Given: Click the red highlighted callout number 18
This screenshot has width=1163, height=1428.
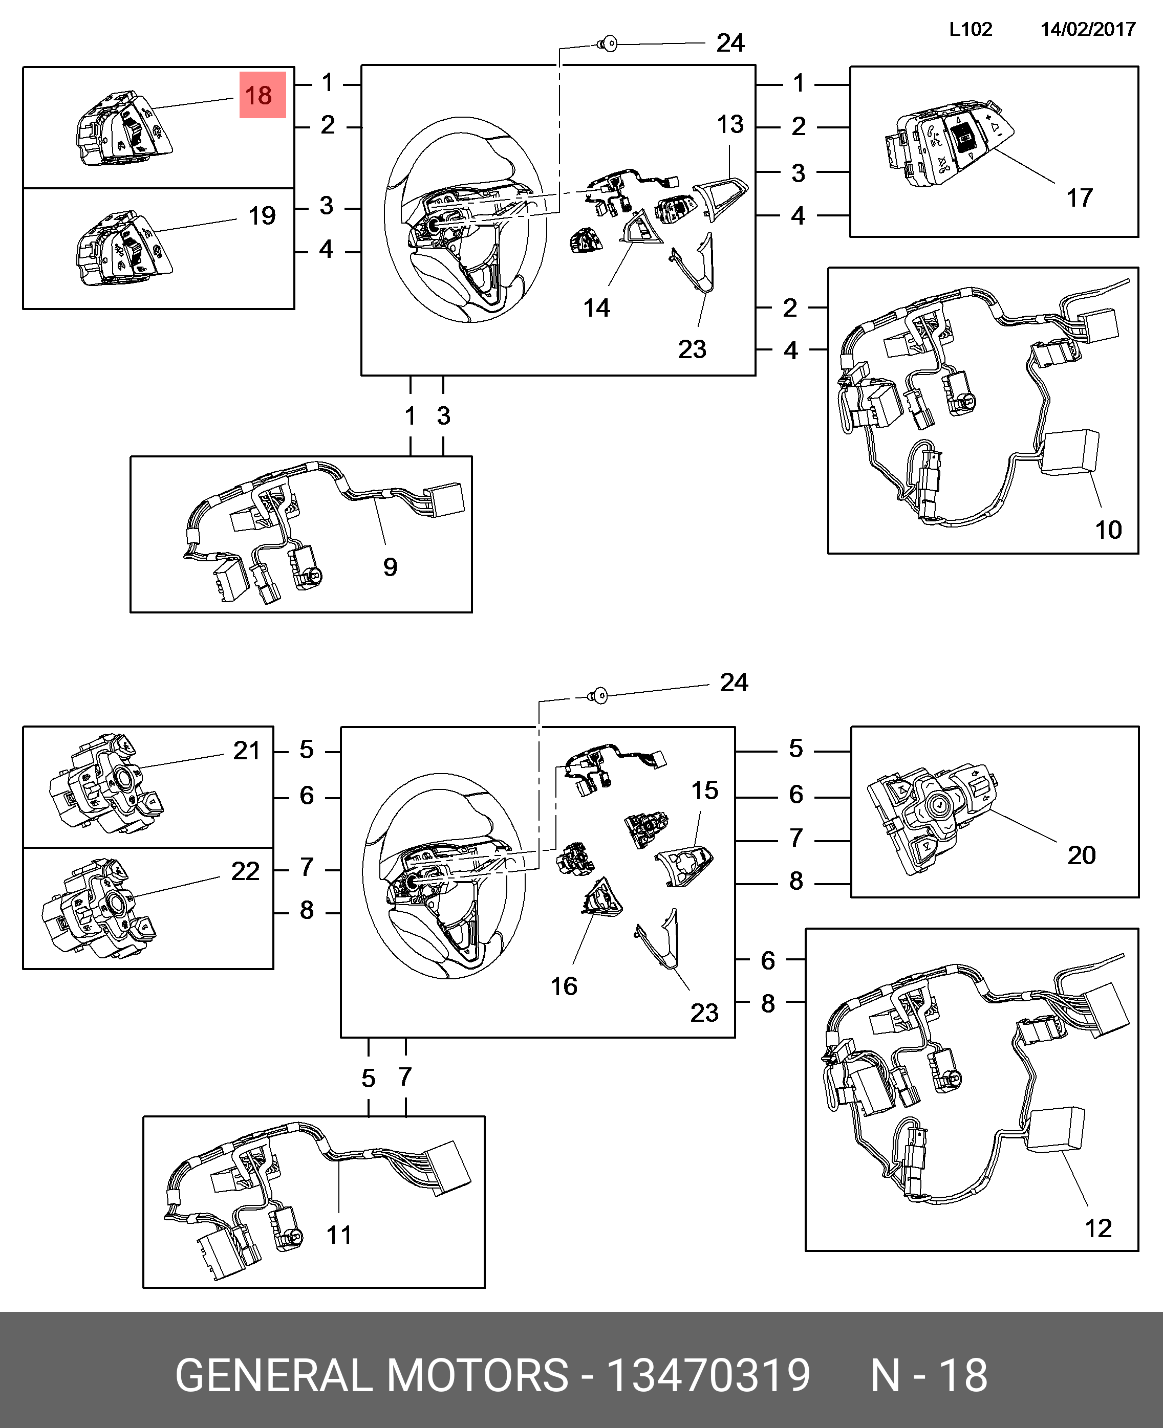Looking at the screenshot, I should point(262,95).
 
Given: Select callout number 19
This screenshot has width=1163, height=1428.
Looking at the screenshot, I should point(262,215).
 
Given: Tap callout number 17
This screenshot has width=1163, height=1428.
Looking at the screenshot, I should point(1079,197).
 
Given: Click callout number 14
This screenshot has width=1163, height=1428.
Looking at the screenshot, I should point(596,308).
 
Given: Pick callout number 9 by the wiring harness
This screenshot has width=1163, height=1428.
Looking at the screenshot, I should point(390,567).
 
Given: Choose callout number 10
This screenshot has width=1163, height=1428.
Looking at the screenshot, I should point(1108,530).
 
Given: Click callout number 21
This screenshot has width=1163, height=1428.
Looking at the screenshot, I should point(247,751).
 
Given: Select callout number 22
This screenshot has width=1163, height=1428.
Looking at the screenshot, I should point(245,871).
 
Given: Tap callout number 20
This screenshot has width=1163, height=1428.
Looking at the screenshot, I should point(1081,855).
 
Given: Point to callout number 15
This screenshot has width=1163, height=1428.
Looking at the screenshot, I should point(705,790).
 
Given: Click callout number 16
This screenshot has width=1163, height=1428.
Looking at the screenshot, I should point(564,985).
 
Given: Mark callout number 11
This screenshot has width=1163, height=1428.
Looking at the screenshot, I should point(339,1235).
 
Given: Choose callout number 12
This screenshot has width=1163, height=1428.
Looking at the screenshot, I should point(1098,1228).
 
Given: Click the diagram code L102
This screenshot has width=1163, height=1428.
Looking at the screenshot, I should point(970,30).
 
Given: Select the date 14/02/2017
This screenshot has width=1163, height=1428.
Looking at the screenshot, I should point(1088,30).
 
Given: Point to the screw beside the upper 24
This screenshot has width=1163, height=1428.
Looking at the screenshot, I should point(608,45).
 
